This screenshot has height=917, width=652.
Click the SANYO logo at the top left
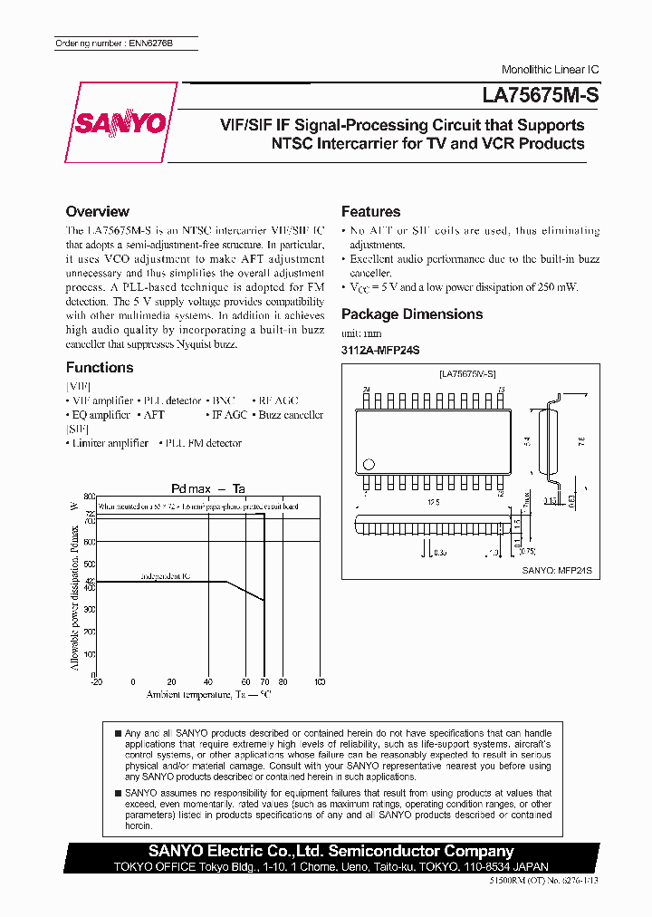tap(121, 123)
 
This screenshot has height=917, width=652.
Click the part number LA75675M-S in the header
tap(540, 93)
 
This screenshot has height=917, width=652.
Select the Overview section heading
tap(97, 211)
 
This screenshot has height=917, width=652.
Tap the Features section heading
tap(370, 211)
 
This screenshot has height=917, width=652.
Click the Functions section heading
tap(100, 367)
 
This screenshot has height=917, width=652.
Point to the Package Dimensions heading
tap(411, 314)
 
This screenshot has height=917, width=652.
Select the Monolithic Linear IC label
tap(550, 70)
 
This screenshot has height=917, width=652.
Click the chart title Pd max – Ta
tap(208, 488)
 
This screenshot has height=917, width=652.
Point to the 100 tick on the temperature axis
tap(319, 681)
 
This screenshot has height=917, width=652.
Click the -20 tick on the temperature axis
tap(97, 681)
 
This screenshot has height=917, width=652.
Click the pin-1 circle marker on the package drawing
tap(368, 465)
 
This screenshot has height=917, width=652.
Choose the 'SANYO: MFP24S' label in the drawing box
tap(557, 571)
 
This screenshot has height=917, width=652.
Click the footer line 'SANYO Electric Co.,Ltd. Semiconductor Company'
tap(331, 851)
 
